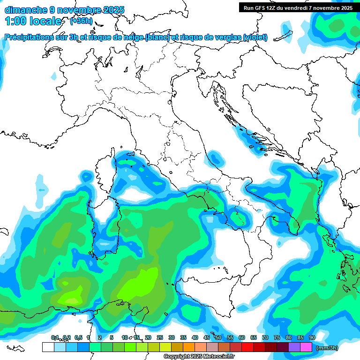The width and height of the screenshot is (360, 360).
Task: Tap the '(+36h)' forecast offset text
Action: [81, 21]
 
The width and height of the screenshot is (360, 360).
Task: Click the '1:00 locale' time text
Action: [33, 21]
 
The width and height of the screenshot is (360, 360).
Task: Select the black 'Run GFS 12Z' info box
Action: [298, 7]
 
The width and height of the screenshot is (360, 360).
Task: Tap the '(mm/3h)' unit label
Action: [327, 348]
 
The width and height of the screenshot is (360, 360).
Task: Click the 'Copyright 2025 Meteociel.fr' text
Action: [199, 357]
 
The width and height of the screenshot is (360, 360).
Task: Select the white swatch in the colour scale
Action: [48, 347]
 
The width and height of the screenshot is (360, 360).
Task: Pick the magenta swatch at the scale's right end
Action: [306, 347]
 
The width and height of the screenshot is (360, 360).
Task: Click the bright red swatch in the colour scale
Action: [247, 347]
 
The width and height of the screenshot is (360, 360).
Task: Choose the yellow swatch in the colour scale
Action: [165, 347]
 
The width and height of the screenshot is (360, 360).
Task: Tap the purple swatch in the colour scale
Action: [294, 347]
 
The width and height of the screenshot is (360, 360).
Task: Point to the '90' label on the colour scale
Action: [312, 338]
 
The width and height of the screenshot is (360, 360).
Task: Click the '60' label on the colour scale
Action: [241, 338]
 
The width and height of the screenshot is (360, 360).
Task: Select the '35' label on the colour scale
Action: [183, 338]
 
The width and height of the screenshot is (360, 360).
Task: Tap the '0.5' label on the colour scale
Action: [78, 338]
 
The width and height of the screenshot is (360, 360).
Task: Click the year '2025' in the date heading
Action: [114, 10]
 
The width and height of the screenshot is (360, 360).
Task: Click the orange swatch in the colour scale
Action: [188, 347]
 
